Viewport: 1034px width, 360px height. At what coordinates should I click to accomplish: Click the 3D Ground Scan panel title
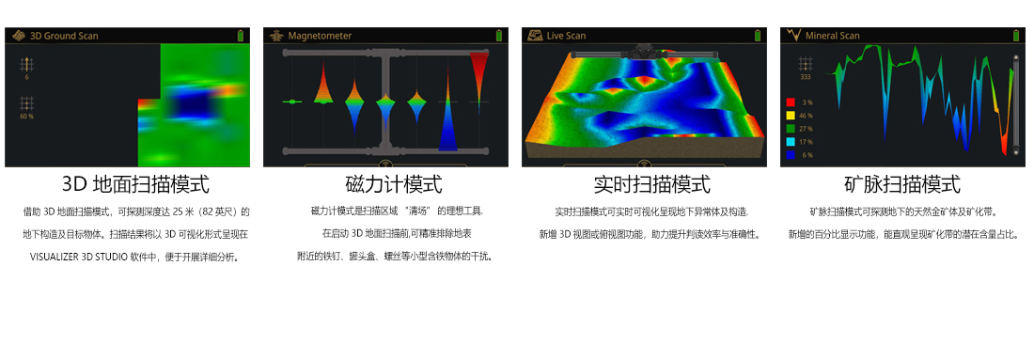(64, 36)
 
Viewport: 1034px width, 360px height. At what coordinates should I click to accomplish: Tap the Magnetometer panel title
(320, 36)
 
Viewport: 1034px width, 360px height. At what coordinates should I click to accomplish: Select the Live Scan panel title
(566, 36)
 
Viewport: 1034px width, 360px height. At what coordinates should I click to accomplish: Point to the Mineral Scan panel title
(832, 36)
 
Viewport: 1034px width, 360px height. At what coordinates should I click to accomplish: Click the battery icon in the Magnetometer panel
(499, 36)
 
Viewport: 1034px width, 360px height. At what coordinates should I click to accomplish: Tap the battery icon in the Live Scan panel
(758, 36)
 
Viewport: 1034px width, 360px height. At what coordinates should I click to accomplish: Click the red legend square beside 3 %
(791, 102)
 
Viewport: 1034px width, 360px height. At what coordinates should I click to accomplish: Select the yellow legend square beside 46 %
(791, 116)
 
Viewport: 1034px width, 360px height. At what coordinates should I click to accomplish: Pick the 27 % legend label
(806, 129)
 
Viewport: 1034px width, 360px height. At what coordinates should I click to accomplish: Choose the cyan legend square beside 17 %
(791, 142)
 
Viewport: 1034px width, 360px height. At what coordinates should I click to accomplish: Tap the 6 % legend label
(807, 155)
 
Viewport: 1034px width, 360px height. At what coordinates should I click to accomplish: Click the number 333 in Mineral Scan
(806, 77)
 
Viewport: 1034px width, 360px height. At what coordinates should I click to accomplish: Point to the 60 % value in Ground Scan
(27, 117)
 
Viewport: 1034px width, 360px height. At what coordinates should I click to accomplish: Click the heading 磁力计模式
(394, 184)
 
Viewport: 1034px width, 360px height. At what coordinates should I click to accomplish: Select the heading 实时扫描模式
(652, 184)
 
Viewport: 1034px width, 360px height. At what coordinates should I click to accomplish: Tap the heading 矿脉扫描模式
(902, 184)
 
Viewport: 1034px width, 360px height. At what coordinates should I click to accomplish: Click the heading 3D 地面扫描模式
(136, 184)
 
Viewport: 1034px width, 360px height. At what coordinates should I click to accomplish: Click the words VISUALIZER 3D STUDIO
(82, 258)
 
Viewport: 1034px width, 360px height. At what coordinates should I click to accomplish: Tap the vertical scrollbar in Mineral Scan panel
(1017, 105)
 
